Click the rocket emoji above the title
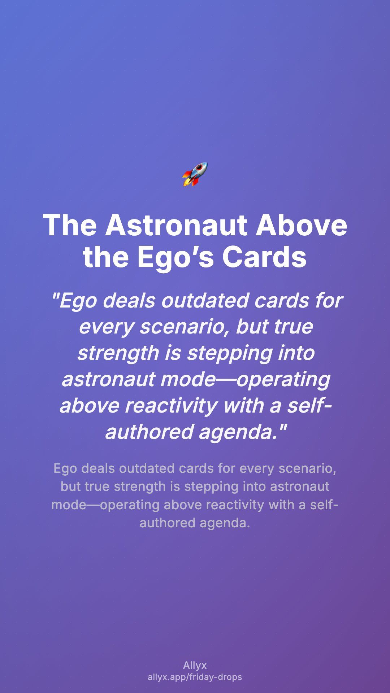[x=195, y=174]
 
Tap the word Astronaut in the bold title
[x=176, y=225]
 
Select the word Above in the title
[x=302, y=225]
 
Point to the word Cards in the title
[x=264, y=257]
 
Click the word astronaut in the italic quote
[x=108, y=379]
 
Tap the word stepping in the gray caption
[x=212, y=487]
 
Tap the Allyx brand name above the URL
[x=195, y=666]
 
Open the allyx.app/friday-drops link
[x=195, y=677]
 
